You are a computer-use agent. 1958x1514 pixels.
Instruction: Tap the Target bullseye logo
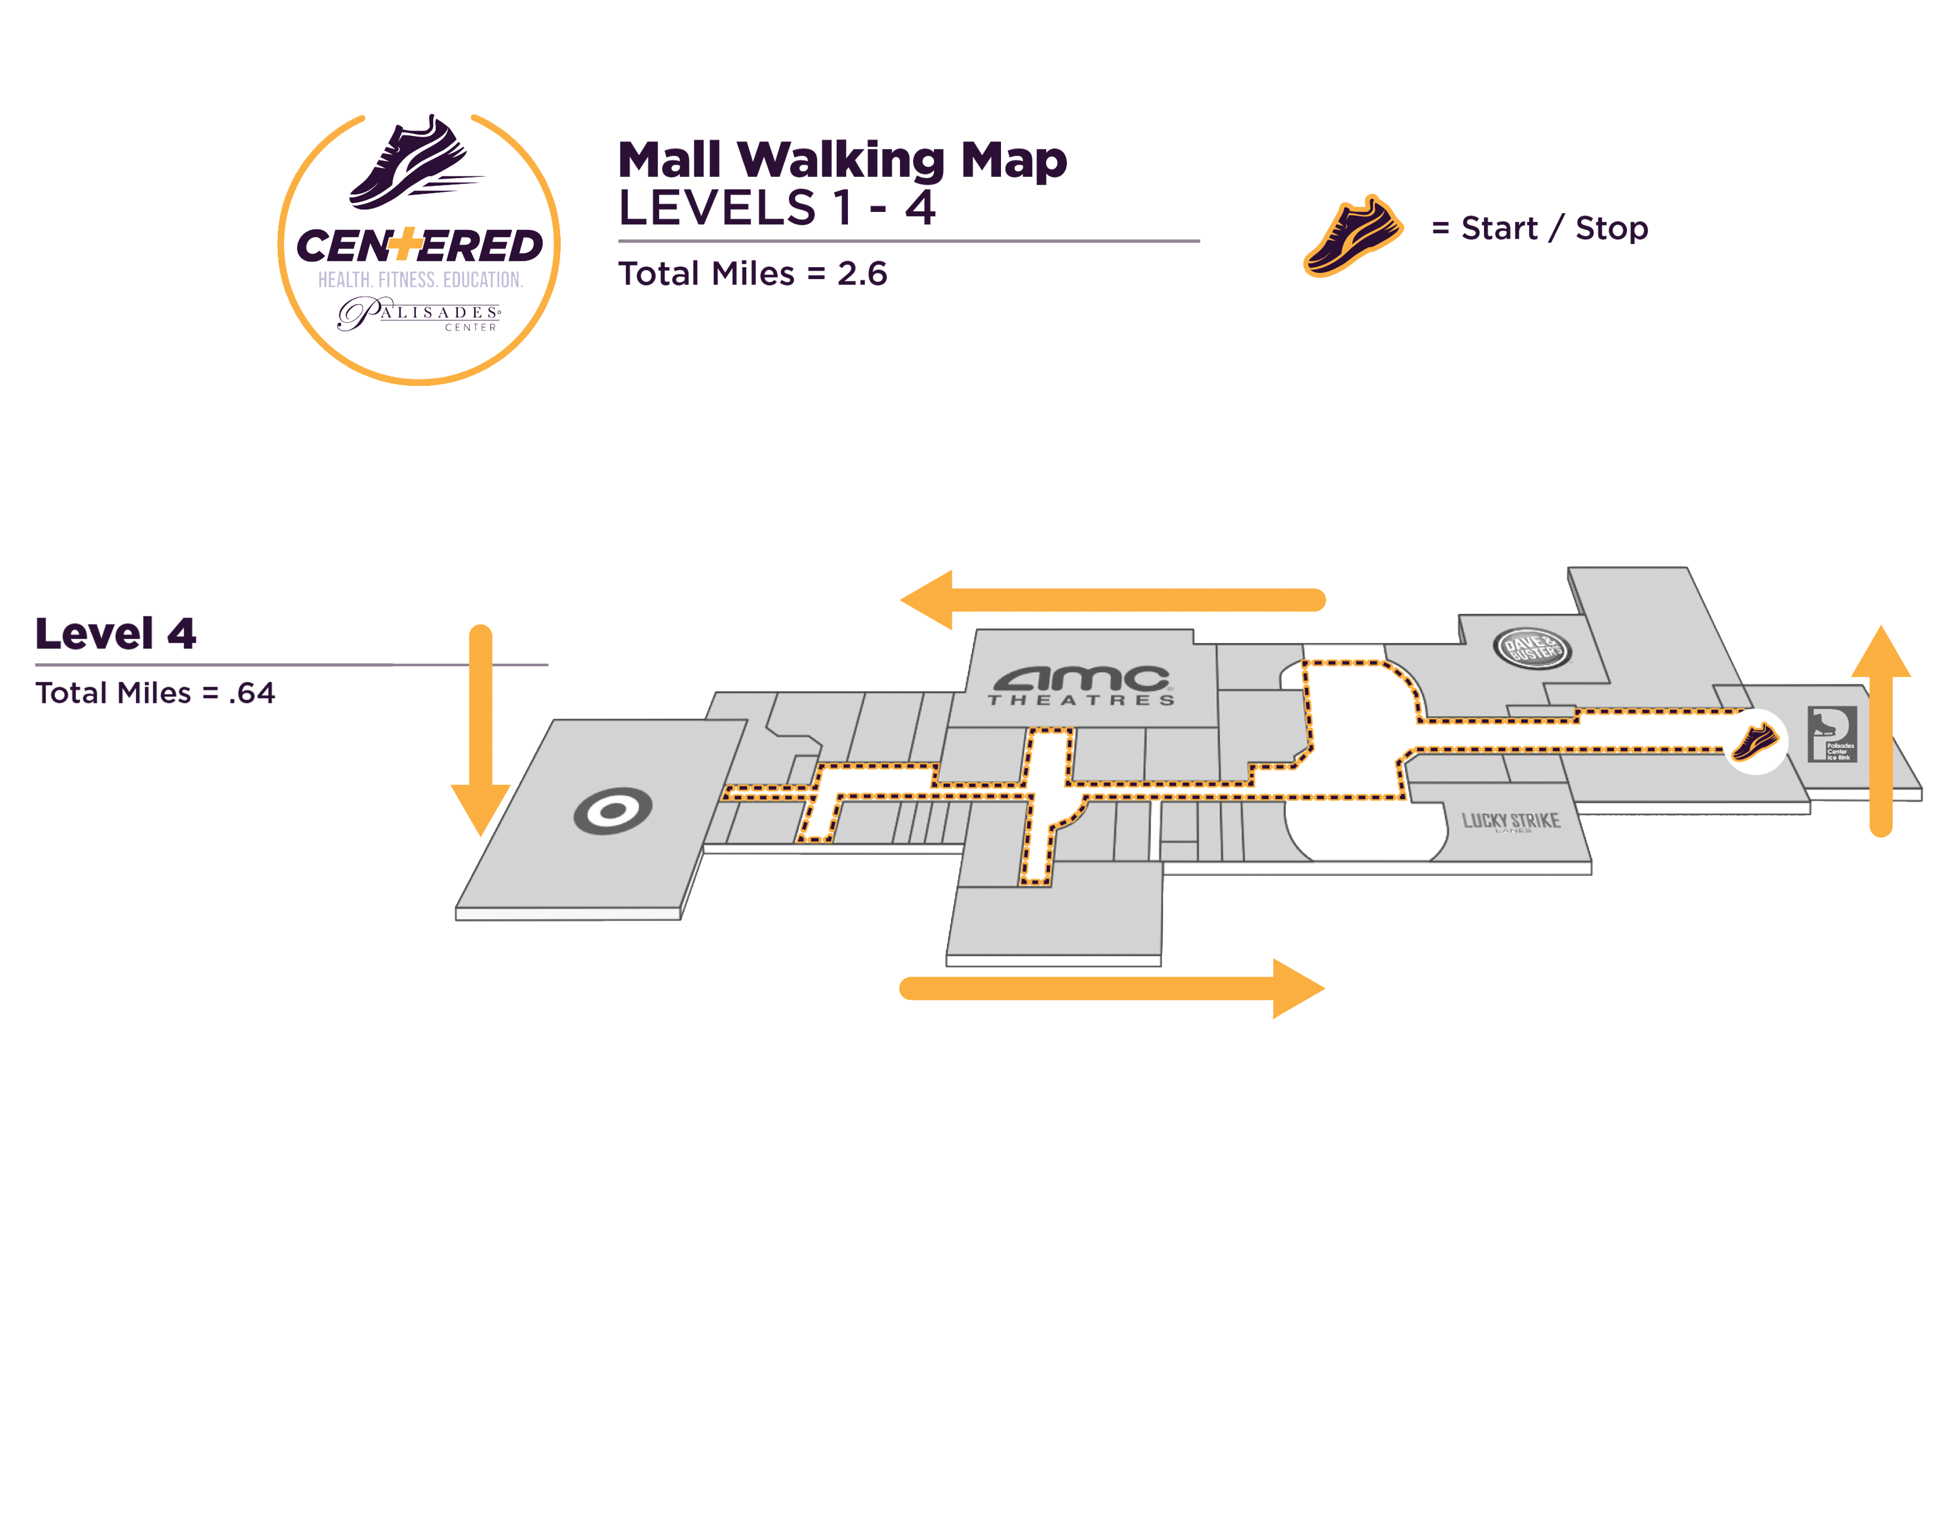(x=614, y=811)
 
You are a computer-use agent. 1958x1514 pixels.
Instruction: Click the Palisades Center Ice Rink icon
(x=1832, y=734)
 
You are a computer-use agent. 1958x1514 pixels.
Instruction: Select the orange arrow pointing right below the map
(x=1112, y=989)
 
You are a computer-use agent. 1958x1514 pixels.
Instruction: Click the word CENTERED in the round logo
(x=419, y=246)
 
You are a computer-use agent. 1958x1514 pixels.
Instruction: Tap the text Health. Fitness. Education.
(x=421, y=280)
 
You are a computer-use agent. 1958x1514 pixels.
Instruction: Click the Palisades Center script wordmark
(x=419, y=315)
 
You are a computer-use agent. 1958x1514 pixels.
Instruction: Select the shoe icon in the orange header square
(x=1353, y=237)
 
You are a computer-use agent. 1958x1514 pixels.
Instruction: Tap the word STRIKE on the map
(x=1536, y=821)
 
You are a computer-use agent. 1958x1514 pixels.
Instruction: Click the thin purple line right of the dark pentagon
(x=471, y=664)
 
